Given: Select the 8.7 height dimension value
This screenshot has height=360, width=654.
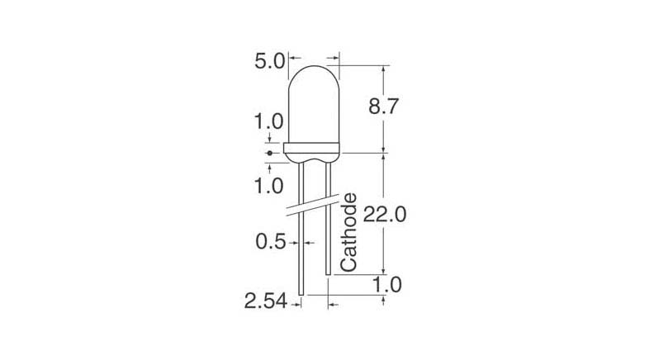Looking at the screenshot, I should (x=385, y=107).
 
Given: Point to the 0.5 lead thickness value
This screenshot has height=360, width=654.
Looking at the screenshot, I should (x=271, y=243).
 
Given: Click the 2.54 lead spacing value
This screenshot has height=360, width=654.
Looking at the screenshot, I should (x=264, y=303).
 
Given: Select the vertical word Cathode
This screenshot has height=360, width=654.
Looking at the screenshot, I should (x=349, y=232).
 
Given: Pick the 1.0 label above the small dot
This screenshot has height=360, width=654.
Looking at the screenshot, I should (x=269, y=121).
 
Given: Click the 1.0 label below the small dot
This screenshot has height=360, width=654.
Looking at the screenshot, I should (x=269, y=186).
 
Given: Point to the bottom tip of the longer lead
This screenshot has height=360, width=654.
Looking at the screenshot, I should (x=301, y=293).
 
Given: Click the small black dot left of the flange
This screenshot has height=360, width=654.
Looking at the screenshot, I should (x=270, y=154).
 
